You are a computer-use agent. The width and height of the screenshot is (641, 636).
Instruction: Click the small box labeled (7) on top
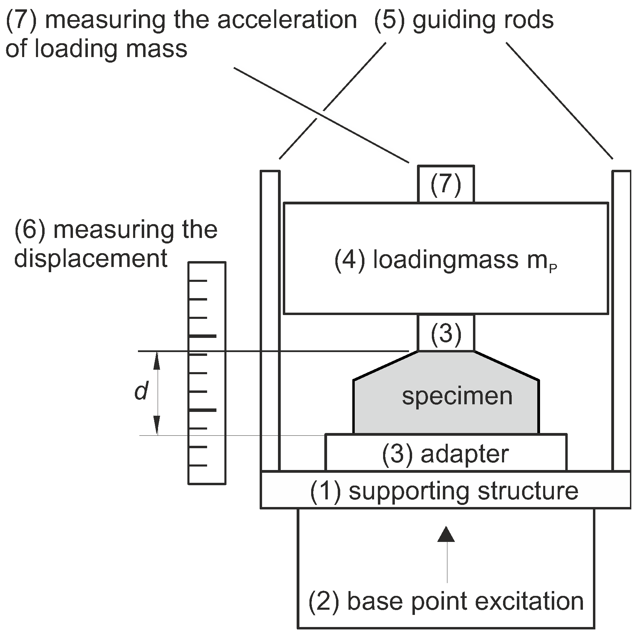(x=446, y=184)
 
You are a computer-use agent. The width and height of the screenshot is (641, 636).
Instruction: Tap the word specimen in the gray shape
(x=457, y=396)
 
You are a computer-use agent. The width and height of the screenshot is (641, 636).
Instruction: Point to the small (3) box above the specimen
(x=446, y=333)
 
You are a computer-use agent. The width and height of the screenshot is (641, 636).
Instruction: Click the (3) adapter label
(x=445, y=454)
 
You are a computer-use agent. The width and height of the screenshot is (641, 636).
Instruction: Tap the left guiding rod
(x=270, y=320)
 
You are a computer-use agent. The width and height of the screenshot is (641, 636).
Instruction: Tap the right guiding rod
(x=622, y=320)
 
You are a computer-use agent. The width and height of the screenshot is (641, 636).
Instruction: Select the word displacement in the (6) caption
(x=91, y=259)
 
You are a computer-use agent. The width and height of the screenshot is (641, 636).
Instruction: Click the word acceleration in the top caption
(x=287, y=20)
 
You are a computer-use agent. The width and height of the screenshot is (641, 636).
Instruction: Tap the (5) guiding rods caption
(x=464, y=20)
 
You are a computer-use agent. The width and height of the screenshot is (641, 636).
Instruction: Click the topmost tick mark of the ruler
(x=198, y=280)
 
